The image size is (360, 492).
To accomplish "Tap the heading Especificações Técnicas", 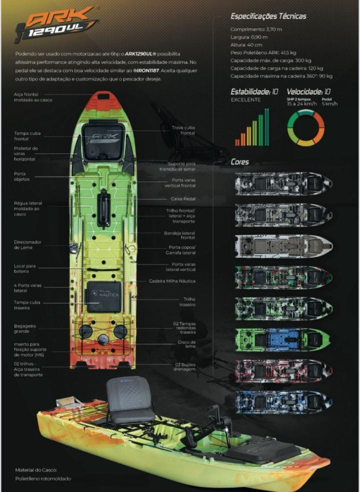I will coord(268,16).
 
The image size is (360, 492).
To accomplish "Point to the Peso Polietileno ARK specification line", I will coord(263,53).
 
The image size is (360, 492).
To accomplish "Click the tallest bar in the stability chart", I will coord(267,127).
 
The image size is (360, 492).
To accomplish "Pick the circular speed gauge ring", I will coord(306,128).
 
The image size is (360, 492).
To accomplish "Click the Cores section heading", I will coord(240,162).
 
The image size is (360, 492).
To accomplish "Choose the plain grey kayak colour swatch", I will coord(283,245).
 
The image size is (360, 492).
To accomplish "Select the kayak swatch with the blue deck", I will coord(283,338).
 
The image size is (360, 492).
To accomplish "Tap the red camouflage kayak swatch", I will coord(283,370).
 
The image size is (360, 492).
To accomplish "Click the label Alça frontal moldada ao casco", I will coord(33,97).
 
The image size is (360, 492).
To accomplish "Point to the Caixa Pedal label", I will coord(183,199).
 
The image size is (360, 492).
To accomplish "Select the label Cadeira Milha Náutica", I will coord(172,281).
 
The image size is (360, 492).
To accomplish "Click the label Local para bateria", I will coord(25,269).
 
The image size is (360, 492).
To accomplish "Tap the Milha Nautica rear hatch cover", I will coord(104,296).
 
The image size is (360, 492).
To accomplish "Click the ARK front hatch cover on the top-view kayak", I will coord(103,138).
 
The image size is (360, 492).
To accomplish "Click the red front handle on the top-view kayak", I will coord(103,100).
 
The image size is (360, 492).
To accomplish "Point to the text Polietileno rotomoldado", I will coord(43,478).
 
